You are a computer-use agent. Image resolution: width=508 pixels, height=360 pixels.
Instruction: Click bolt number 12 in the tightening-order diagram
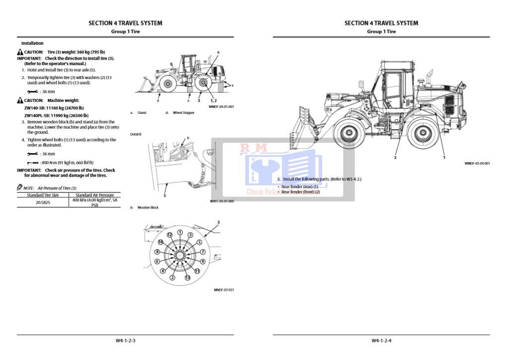coord(169,234)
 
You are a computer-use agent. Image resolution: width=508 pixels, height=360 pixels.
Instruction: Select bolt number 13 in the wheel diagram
coord(187,277)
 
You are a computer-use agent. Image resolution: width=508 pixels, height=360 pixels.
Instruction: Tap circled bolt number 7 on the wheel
coord(202,252)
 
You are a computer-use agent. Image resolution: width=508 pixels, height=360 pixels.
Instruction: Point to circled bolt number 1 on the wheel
coord(180,232)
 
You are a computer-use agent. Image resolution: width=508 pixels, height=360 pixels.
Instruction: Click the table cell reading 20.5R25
coord(43,202)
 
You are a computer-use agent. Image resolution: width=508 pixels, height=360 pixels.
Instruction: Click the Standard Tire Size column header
coord(43,195)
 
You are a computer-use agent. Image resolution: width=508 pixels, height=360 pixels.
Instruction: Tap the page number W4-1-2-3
coord(125,341)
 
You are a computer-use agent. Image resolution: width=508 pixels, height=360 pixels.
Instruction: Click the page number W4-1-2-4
coord(381,341)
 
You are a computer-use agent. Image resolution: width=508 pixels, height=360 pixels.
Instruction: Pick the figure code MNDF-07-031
coord(224,290)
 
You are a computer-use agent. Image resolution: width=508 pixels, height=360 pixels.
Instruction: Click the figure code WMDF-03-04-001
coord(477,163)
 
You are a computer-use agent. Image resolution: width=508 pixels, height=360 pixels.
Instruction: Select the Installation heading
coord(32,43)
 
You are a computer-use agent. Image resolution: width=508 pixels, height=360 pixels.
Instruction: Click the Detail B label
coord(136,134)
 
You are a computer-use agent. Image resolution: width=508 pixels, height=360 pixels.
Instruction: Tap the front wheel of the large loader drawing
coord(347,133)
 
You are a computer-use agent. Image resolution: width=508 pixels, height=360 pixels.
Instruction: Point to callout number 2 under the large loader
coord(395,158)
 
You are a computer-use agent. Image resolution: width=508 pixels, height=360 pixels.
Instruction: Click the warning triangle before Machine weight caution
coord(20,100)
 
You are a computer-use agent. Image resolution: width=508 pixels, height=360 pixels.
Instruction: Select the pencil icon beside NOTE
coord(20,187)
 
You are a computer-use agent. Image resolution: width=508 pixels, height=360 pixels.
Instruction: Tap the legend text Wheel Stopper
coord(183,113)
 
